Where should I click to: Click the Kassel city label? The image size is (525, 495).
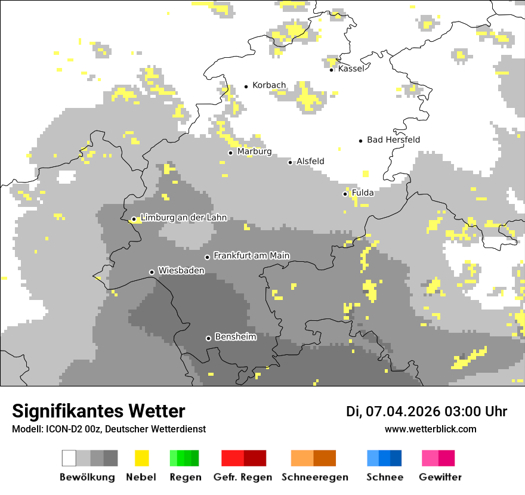pyautogui.click(x=351, y=69)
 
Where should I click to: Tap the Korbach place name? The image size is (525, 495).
pyautogui.click(x=269, y=85)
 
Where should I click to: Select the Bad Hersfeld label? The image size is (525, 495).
pyautogui.click(x=393, y=140)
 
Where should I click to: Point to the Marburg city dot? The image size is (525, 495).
pyautogui.click(x=230, y=153)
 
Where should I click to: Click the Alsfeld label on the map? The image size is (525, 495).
pyautogui.click(x=310, y=162)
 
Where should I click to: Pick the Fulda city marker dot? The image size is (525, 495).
pyautogui.click(x=345, y=194)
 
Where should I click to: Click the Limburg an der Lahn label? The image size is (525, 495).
pyautogui.click(x=183, y=218)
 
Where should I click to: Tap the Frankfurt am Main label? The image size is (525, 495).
pyautogui.click(x=251, y=256)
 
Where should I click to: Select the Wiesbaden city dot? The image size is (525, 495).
pyautogui.click(x=152, y=272)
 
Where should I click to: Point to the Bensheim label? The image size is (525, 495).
pyautogui.click(x=235, y=337)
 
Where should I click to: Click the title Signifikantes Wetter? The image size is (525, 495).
pyautogui.click(x=98, y=411)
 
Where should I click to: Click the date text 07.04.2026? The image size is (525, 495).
pyautogui.click(x=402, y=412)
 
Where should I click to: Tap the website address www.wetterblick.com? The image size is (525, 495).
pyautogui.click(x=430, y=429)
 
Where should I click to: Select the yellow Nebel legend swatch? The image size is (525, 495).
pyautogui.click(x=142, y=458)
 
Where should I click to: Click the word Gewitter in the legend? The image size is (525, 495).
pyautogui.click(x=440, y=477)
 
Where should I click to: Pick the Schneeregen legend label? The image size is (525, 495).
pyautogui.click(x=314, y=477)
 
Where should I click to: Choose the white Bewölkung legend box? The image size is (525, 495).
pyautogui.click(x=69, y=458)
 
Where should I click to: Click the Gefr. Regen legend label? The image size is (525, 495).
pyautogui.click(x=242, y=477)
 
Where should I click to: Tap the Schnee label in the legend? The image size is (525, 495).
pyautogui.click(x=384, y=477)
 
